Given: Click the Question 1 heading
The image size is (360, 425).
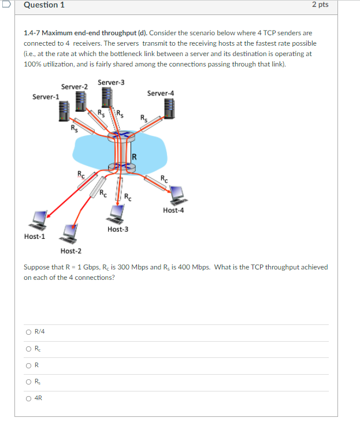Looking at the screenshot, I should point(44,5).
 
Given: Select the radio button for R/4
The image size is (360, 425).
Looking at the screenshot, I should point(28,332).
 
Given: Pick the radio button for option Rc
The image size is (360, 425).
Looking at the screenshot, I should point(28,348).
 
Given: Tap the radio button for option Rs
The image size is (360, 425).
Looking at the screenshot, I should point(28,381).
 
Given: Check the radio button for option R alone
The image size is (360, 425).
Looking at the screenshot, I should point(28,365).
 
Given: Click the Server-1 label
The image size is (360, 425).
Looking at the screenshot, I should point(45,96).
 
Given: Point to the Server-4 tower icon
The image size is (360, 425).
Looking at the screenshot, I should point(169,108).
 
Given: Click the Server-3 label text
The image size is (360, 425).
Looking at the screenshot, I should point(111,82).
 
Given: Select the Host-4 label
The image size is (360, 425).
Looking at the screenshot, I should point(173,210).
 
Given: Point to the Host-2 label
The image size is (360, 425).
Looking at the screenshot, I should point(71,251).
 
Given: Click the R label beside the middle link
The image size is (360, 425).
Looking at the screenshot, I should point(134,157).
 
